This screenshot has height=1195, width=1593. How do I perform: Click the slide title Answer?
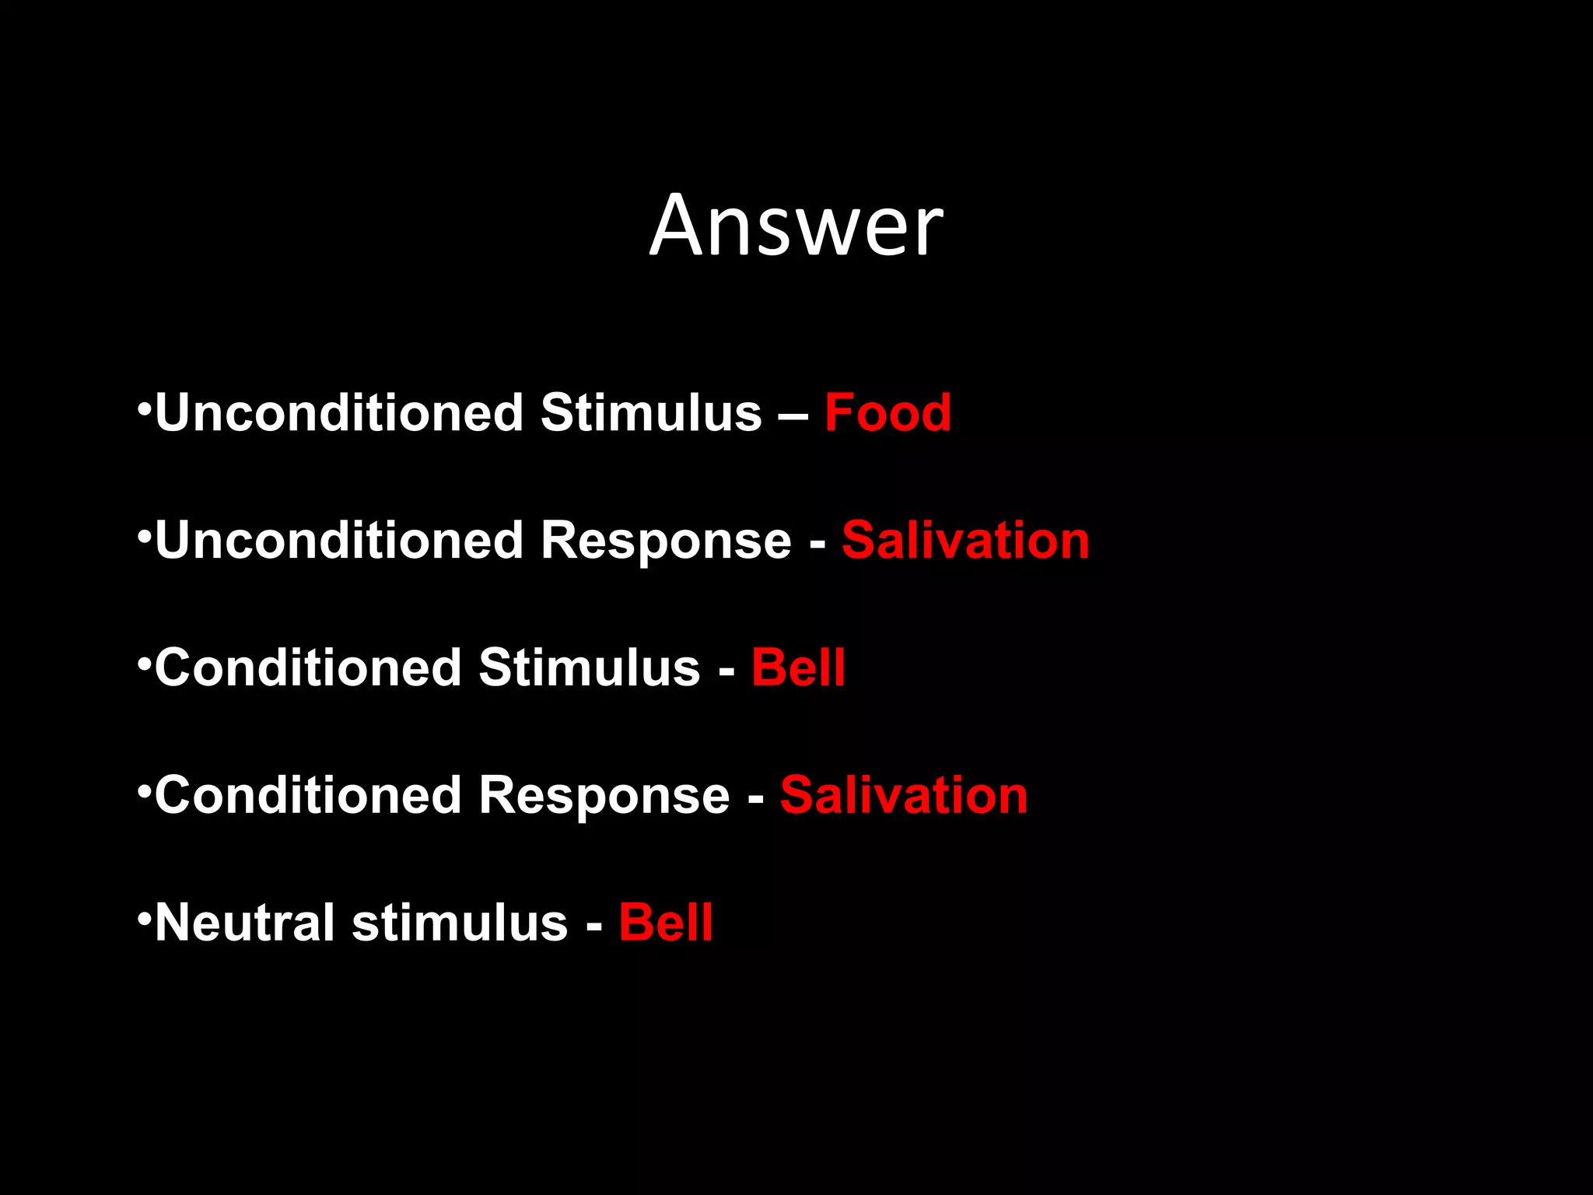coord(796,226)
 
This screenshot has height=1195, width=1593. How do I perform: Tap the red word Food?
coord(888,412)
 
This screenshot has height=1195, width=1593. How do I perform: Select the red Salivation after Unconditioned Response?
coord(965,540)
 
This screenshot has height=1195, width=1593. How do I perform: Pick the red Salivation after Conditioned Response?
coord(904,795)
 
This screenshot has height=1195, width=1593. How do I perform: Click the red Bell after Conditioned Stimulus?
coord(798,668)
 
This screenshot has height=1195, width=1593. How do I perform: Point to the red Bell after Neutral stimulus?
coord(665,923)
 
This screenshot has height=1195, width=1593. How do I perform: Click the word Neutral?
coord(244,923)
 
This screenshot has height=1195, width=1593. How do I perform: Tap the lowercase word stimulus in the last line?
coord(460,924)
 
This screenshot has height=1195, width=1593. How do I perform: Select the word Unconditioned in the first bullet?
coord(339,412)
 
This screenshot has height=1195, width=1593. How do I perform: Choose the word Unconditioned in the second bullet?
coord(339,540)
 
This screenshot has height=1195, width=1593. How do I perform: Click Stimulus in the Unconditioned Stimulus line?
coord(651,412)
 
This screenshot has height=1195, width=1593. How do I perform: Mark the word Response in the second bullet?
coord(666,541)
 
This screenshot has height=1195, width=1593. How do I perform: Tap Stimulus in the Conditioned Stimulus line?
coord(589,668)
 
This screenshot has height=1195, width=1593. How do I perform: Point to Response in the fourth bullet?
coord(604,797)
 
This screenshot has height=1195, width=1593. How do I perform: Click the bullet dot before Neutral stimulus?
coord(143,919)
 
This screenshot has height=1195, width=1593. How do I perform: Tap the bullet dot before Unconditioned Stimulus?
coord(143,408)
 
